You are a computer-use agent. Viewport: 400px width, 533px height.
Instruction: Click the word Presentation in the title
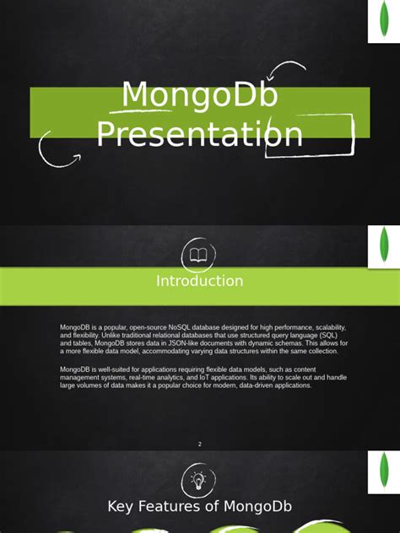point(199,134)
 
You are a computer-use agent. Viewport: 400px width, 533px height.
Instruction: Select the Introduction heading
point(199,281)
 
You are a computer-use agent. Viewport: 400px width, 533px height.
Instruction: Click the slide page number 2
point(200,444)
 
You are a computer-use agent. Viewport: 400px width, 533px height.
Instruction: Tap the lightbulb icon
point(198,480)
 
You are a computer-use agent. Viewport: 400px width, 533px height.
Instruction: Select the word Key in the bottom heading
point(122,506)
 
